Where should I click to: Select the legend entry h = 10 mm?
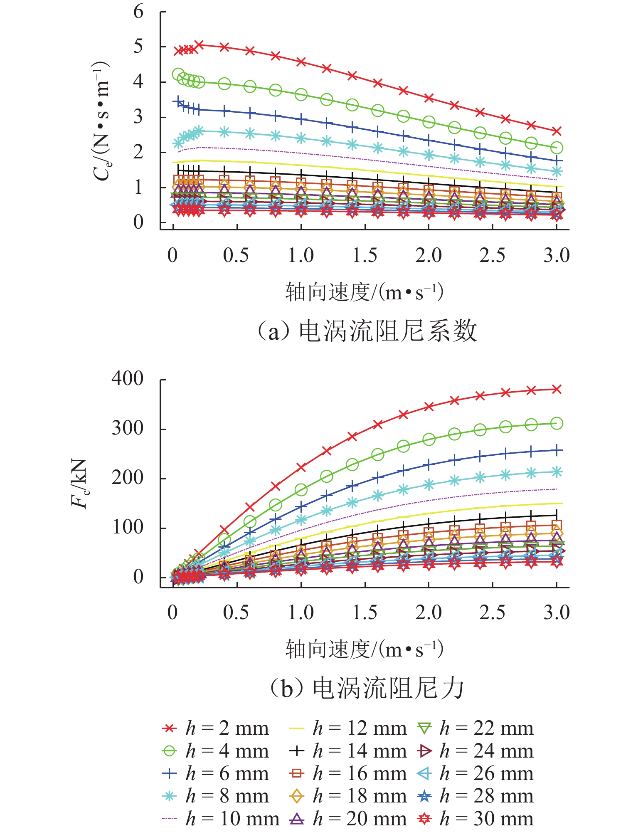pyautogui.click(x=220, y=819)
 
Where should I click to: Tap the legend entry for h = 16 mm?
pyautogui.click(x=347, y=773)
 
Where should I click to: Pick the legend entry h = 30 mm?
pyautogui.click(x=475, y=819)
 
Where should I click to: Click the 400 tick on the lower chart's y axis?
pyautogui.click(x=128, y=379)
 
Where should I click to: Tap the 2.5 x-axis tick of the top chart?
pyautogui.click(x=493, y=255)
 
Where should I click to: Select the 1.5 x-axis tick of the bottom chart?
pyautogui.click(x=365, y=612)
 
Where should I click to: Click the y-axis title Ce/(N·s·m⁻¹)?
pyautogui.click(x=101, y=121)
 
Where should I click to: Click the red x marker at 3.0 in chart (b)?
pyautogui.click(x=557, y=389)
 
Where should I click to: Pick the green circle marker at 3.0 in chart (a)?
pyautogui.click(x=557, y=148)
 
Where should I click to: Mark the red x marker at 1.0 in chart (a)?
pyautogui.click(x=301, y=62)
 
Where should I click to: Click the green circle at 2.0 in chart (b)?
pyautogui.click(x=429, y=439)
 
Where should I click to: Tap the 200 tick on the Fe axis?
pyautogui.click(x=128, y=478)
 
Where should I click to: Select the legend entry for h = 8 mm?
pyautogui.click(x=215, y=796)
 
